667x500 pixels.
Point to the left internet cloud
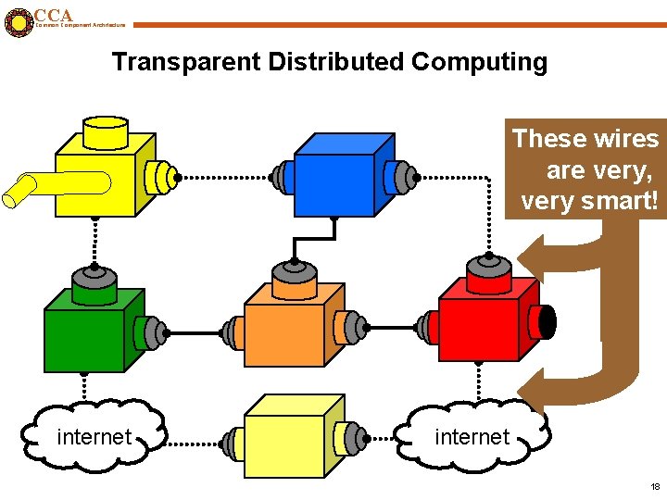click(94, 436)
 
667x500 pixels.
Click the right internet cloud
click(472, 436)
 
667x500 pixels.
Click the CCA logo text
click(53, 15)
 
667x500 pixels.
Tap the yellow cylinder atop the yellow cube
click(105, 131)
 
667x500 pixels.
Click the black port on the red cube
click(547, 321)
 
